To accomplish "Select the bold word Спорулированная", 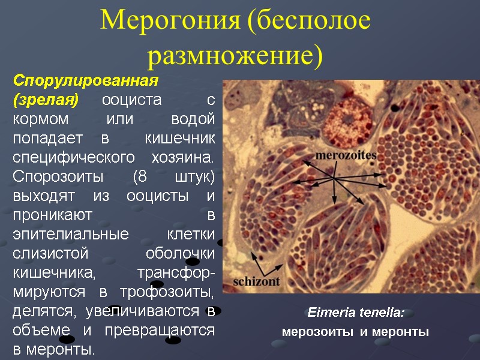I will (85, 80).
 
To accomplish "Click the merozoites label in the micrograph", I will (346, 155).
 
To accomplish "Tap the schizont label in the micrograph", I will (256, 280).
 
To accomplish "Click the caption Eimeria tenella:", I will (356, 313).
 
